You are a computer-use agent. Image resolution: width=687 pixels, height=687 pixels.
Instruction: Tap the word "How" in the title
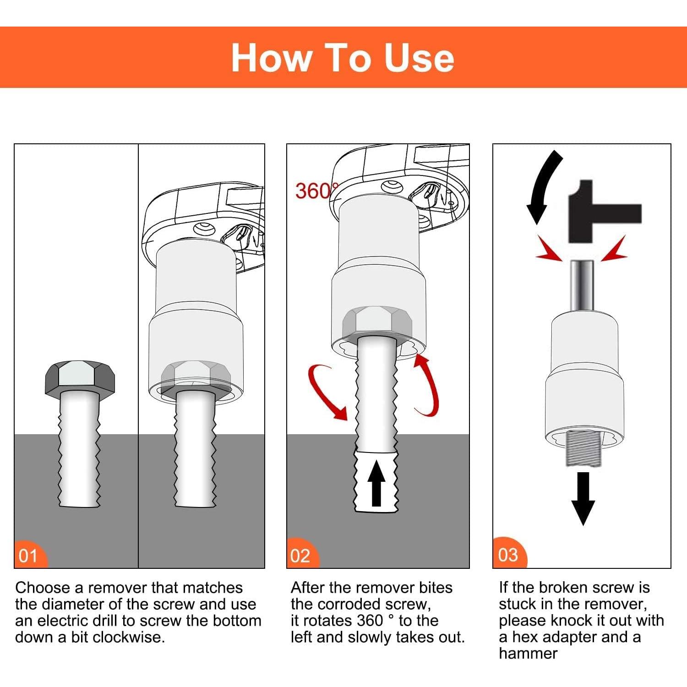(x=271, y=58)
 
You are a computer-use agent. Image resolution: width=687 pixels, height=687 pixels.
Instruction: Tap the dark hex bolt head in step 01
(x=80, y=377)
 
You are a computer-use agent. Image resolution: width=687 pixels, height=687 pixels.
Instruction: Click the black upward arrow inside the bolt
(x=376, y=484)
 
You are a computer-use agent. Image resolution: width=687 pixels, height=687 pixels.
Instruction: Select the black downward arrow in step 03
(x=583, y=499)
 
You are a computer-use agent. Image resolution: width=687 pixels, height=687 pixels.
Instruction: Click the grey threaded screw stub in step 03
(x=583, y=449)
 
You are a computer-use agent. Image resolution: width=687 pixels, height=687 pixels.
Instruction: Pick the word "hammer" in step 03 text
(x=528, y=654)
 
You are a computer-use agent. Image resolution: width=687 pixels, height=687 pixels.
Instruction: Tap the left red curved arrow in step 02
(x=326, y=390)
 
